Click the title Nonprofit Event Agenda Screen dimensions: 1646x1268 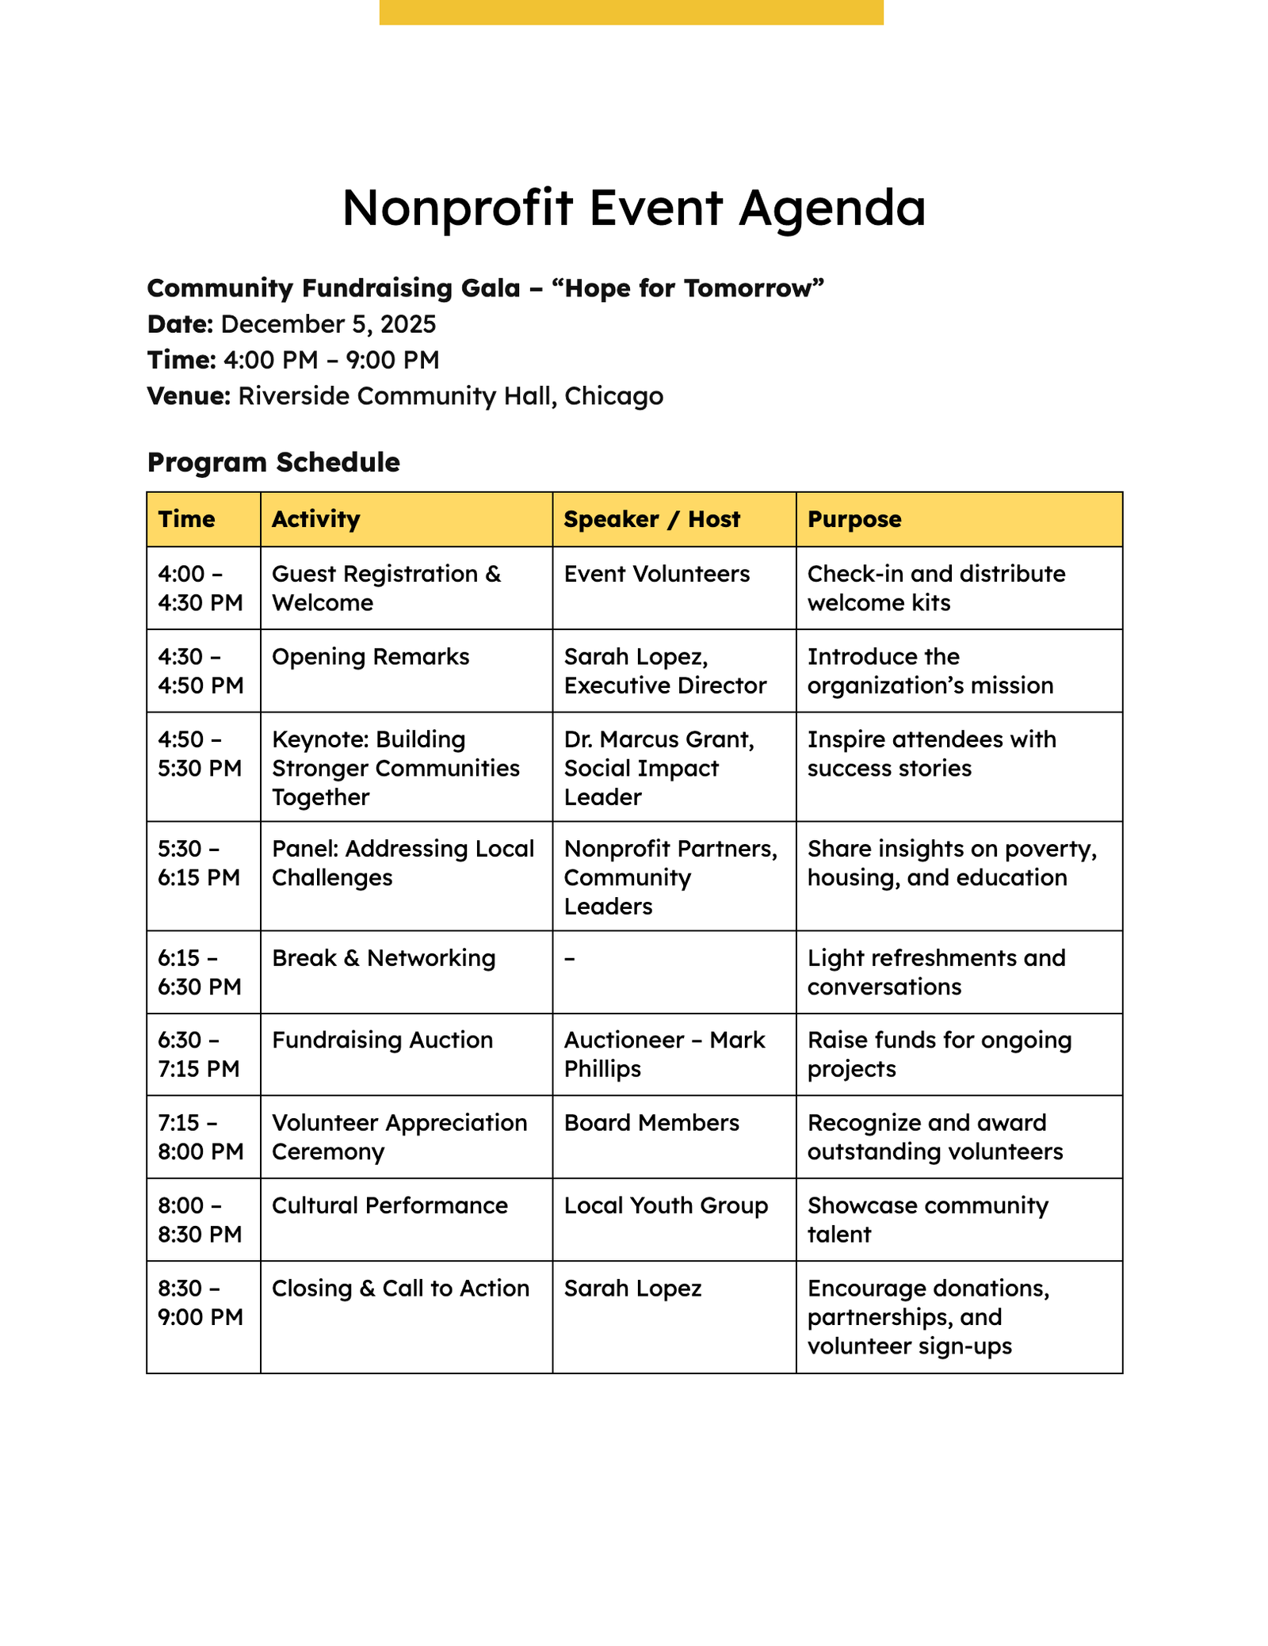pos(633,208)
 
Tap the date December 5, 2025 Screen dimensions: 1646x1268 pos(328,324)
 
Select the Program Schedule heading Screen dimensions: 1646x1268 pos(273,462)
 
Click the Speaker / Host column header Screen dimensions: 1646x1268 pos(651,520)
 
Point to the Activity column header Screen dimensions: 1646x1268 pos(315,520)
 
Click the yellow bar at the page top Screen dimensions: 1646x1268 pos(631,12)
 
